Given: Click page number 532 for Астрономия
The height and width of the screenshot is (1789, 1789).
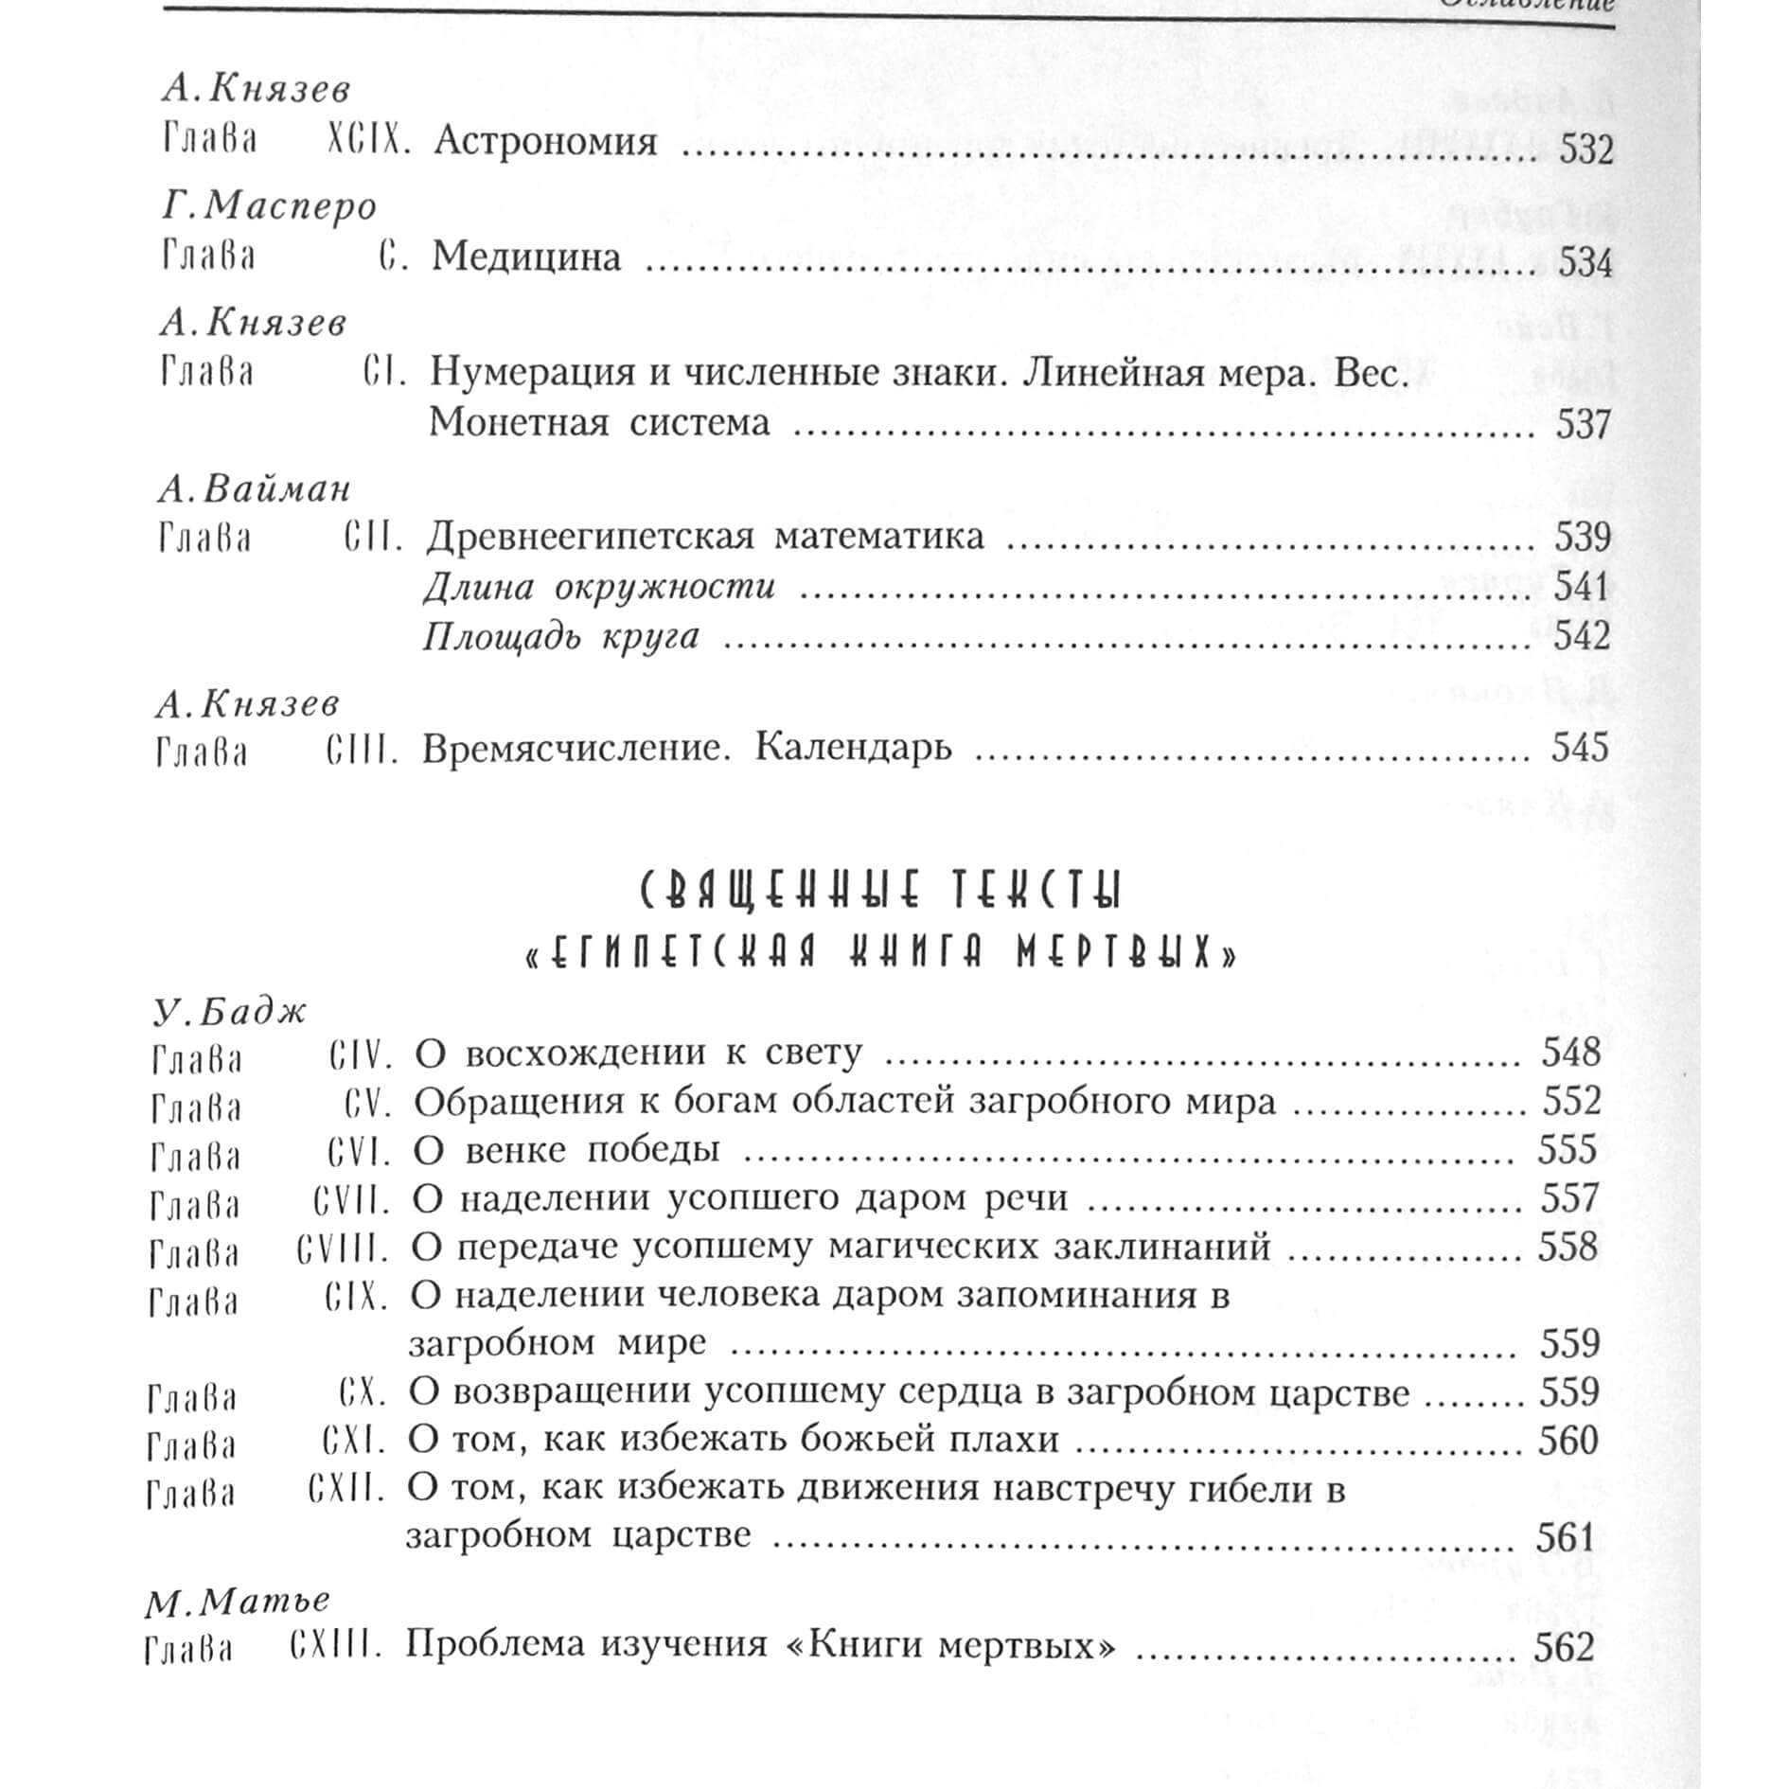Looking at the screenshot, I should [1585, 150].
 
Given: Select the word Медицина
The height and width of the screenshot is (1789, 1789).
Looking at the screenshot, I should [526, 257].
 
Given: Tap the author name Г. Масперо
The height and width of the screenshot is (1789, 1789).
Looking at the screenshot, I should [269, 205].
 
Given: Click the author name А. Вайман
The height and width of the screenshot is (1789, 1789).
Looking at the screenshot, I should [255, 488].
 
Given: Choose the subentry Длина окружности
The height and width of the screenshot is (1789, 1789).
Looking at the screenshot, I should [599, 587].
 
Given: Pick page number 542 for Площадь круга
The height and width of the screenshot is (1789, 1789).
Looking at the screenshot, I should [1582, 635].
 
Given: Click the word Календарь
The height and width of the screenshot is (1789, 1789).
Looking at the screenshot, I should [854, 748].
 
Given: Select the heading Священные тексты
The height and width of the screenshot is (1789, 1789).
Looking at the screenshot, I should [880, 891].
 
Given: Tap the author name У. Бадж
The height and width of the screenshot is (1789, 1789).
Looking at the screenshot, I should [230, 1012].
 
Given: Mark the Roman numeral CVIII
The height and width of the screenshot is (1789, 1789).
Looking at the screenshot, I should [343, 1249].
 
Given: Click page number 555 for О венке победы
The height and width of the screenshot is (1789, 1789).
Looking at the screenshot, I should [1568, 1149].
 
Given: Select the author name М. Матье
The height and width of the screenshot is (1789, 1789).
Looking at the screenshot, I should [238, 1601].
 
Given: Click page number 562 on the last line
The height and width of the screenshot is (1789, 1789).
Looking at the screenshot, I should [1564, 1648].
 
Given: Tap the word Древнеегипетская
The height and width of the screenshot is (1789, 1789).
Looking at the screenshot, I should [591, 537].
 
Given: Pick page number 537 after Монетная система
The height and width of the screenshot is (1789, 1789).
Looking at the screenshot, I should [1583, 424].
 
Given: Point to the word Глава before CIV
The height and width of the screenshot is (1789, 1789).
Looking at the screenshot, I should [197, 1058].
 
